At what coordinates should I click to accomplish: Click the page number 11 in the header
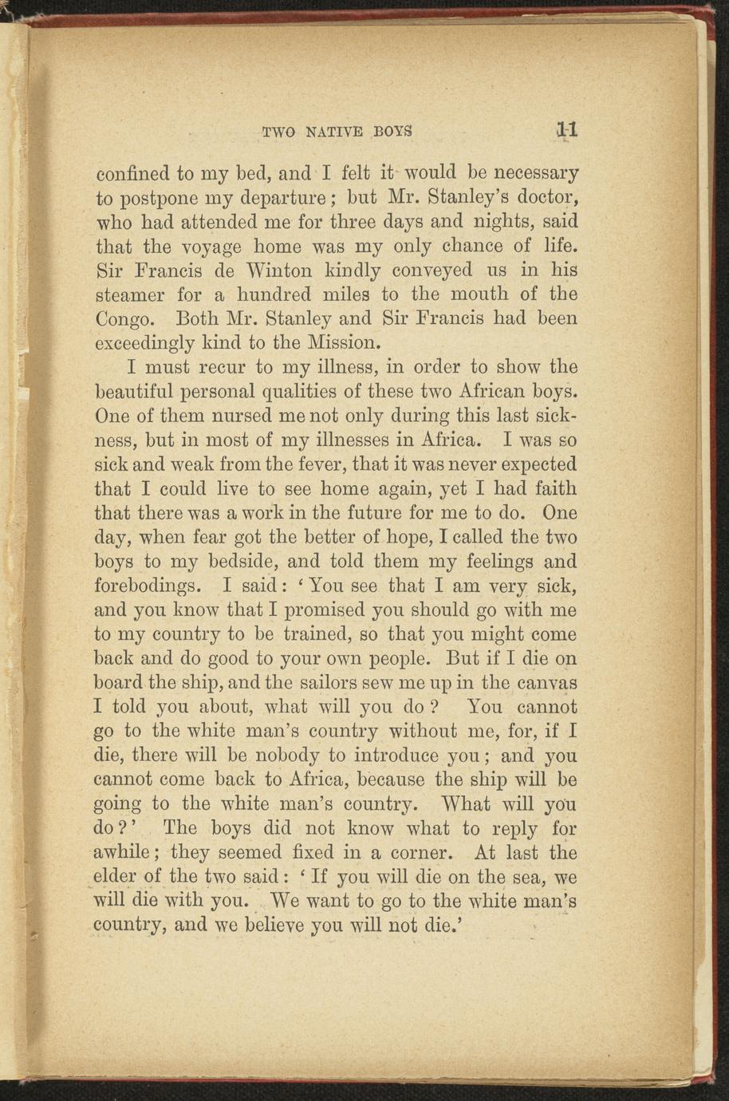point(567,131)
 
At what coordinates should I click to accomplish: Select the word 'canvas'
point(547,684)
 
